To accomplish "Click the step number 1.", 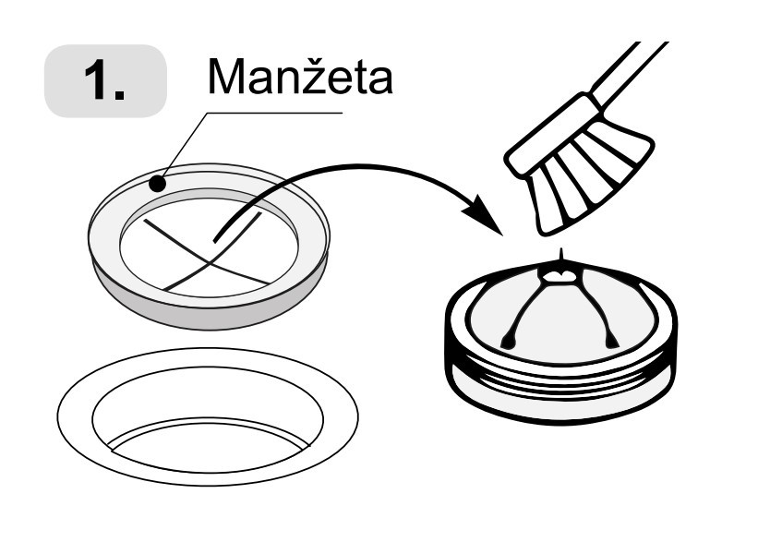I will [x=103, y=82].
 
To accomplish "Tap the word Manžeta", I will [x=300, y=78].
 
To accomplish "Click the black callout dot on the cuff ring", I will [x=157, y=184].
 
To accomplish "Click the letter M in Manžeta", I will [x=227, y=78].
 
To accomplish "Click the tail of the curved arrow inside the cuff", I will [x=218, y=238].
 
